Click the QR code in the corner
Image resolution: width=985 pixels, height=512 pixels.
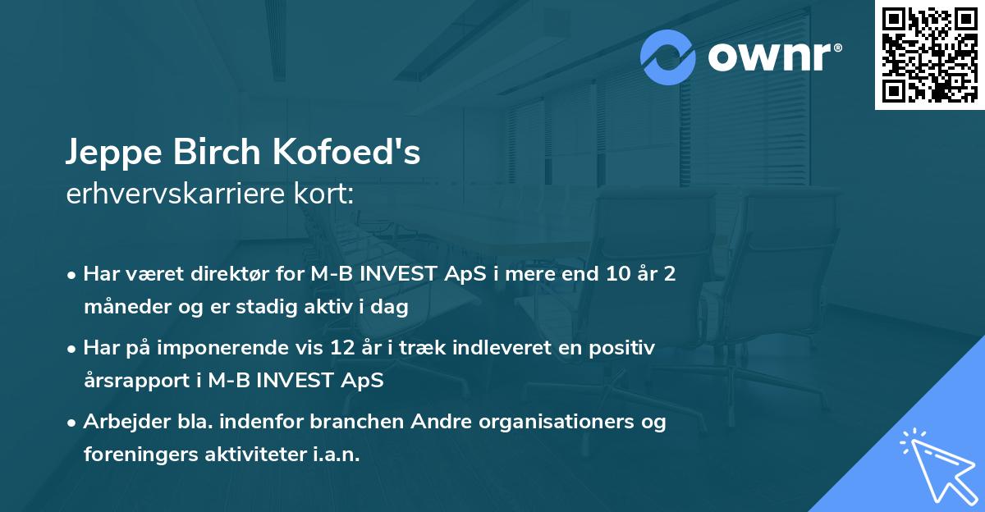coord(930,55)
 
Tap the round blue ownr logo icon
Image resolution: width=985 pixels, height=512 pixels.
coord(668,57)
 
